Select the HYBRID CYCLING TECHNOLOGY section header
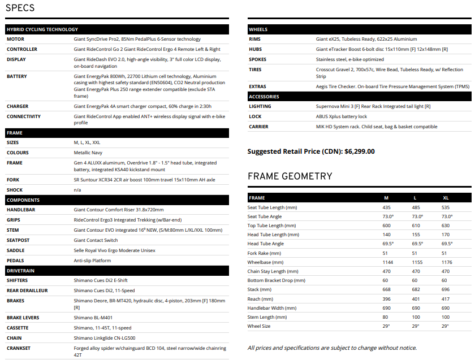42,29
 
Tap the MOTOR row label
15,40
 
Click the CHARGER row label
18,106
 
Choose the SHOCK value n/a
78,190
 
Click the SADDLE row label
16,250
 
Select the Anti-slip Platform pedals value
93,261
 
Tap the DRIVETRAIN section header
21,271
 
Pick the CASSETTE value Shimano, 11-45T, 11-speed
102,328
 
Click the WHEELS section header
258,29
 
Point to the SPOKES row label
258,59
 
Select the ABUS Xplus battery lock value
342,116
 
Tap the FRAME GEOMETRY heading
290,176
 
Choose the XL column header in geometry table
446,198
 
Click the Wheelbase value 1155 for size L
417,262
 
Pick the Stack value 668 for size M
387,289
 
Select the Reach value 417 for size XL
446,298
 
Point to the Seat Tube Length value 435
387,208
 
